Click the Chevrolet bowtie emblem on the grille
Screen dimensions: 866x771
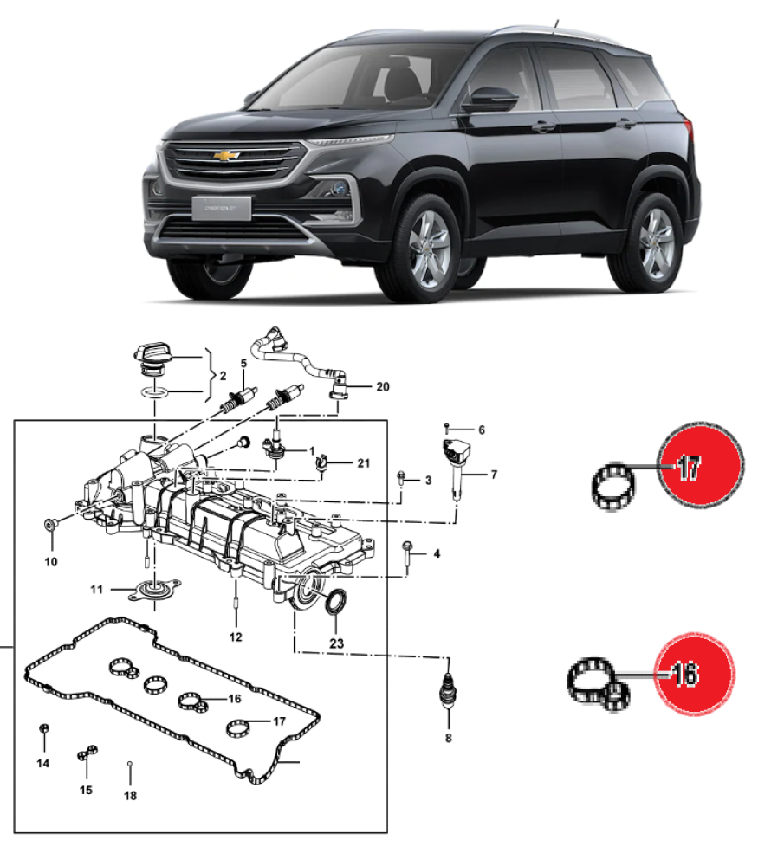(x=226, y=156)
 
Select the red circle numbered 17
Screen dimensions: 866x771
(x=702, y=468)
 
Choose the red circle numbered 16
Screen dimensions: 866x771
(x=696, y=673)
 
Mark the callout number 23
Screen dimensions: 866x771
(x=337, y=643)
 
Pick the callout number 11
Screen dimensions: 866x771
(x=97, y=590)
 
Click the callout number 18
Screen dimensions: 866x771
(x=130, y=794)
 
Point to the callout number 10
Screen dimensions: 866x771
(x=50, y=562)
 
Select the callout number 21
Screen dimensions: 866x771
(x=364, y=463)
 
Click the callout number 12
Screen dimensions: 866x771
(x=236, y=637)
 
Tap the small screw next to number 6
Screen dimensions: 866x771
(x=446, y=428)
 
